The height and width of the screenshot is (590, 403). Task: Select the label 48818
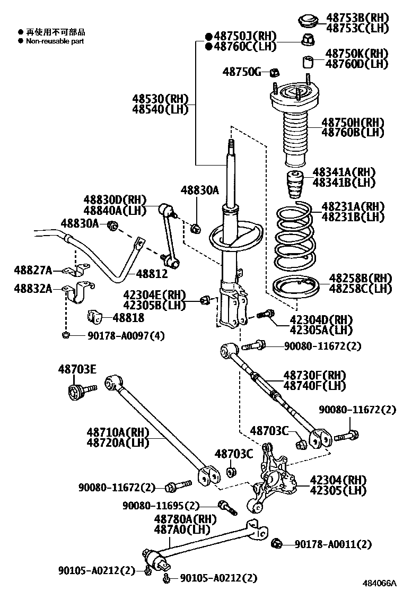(x=128, y=318)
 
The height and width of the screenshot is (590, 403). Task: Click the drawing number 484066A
(x=379, y=583)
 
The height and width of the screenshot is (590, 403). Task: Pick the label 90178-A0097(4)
(x=111, y=335)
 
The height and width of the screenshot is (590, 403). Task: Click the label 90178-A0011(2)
(x=333, y=544)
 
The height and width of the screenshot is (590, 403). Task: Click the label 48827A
(x=33, y=271)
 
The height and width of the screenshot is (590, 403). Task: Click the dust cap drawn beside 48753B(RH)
(x=307, y=21)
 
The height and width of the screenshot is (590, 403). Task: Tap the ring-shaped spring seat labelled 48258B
(x=295, y=288)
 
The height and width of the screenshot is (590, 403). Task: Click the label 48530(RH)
(x=160, y=98)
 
